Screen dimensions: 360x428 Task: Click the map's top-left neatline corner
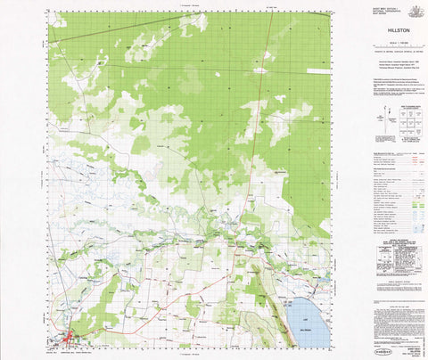coord(49,12)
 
